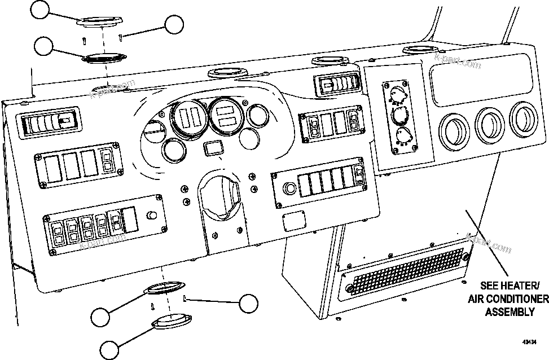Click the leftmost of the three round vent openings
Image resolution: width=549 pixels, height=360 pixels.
coord(454,128)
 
